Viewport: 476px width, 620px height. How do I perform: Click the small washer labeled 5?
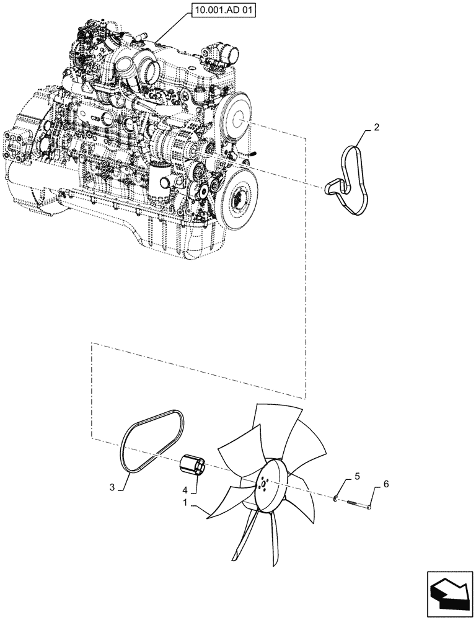(335, 498)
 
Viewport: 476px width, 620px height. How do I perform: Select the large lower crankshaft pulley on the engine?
(239, 198)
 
